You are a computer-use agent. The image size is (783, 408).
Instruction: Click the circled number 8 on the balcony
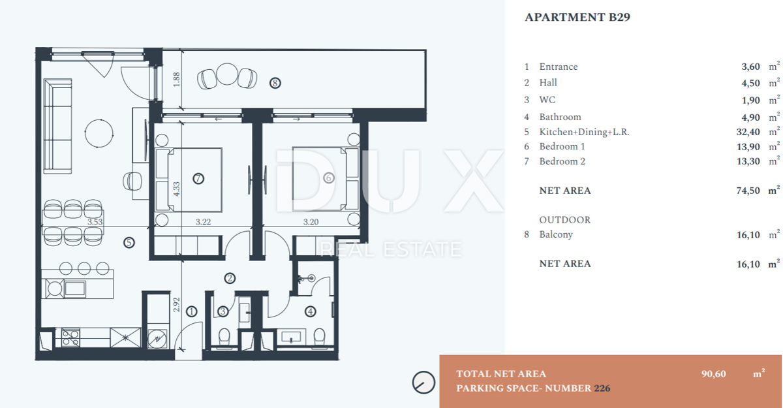click(x=275, y=83)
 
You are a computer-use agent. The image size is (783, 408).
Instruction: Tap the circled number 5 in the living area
click(x=129, y=243)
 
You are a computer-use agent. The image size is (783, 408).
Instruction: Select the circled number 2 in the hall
click(x=230, y=278)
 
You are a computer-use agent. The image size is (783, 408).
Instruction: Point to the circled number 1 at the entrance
click(x=191, y=311)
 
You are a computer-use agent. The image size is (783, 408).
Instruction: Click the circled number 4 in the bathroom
click(x=311, y=311)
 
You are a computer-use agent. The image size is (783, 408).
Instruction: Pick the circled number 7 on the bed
click(x=198, y=179)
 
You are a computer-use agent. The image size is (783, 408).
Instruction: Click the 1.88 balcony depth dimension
click(x=177, y=80)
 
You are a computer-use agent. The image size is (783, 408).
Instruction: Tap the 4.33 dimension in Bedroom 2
click(x=177, y=189)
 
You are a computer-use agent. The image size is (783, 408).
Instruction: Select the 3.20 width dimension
click(x=311, y=222)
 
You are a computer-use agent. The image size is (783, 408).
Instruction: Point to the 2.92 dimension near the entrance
click(x=177, y=304)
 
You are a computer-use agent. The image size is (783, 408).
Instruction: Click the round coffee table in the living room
click(x=99, y=134)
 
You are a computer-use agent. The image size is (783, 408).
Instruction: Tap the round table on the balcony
click(x=227, y=74)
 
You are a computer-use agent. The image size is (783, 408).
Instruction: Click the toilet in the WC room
click(x=224, y=337)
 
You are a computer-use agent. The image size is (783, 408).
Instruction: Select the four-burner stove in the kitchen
click(x=70, y=337)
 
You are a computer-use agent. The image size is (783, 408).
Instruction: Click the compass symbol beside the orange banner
click(x=423, y=383)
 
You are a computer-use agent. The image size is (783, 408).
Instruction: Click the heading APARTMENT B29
click(x=577, y=17)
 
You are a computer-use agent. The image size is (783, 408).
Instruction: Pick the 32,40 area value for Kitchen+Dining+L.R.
click(x=748, y=132)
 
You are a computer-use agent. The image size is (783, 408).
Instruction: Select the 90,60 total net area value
click(x=713, y=374)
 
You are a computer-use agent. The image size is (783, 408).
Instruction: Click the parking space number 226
click(x=602, y=388)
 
